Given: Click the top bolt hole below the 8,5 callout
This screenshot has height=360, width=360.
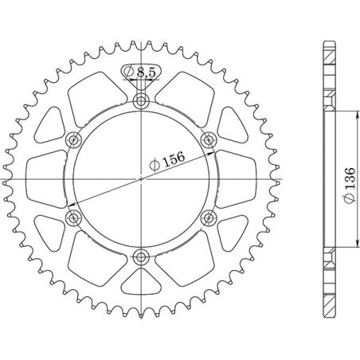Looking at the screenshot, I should (142, 101).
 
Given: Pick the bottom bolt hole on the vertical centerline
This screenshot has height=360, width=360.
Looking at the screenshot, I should (142, 256).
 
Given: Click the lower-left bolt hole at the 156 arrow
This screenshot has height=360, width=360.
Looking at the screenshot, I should (74, 217).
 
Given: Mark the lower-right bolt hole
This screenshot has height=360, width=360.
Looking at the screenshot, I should (209, 217).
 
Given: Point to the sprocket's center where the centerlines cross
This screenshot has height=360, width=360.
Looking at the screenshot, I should (142, 179).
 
